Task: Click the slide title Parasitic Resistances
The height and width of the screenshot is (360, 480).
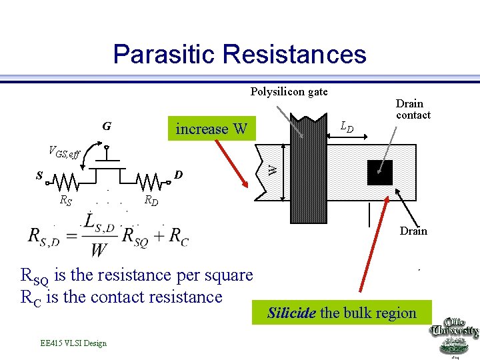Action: pyautogui.click(x=239, y=54)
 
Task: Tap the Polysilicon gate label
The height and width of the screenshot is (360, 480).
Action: pyautogui.click(x=289, y=91)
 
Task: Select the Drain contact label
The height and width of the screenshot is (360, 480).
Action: pyautogui.click(x=413, y=109)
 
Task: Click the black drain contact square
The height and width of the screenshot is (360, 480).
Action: pyautogui.click(x=380, y=173)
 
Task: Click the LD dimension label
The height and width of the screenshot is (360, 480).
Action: pyautogui.click(x=347, y=125)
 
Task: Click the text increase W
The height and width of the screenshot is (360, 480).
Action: pyautogui.click(x=211, y=129)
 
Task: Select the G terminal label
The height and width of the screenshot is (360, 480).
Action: pyautogui.click(x=106, y=125)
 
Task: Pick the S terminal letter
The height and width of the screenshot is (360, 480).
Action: pyautogui.click(x=40, y=177)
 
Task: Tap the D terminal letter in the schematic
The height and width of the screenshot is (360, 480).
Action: pyautogui.click(x=178, y=175)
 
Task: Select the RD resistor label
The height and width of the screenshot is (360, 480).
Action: pyautogui.click(x=151, y=199)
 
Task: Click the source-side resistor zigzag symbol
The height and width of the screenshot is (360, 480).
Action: pyautogui.click(x=67, y=181)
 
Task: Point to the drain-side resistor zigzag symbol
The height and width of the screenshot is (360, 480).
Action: pyautogui.click(x=151, y=181)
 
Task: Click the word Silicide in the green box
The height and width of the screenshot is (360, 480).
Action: pyautogui.click(x=291, y=313)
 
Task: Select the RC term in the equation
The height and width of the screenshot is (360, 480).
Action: pyautogui.click(x=179, y=235)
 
